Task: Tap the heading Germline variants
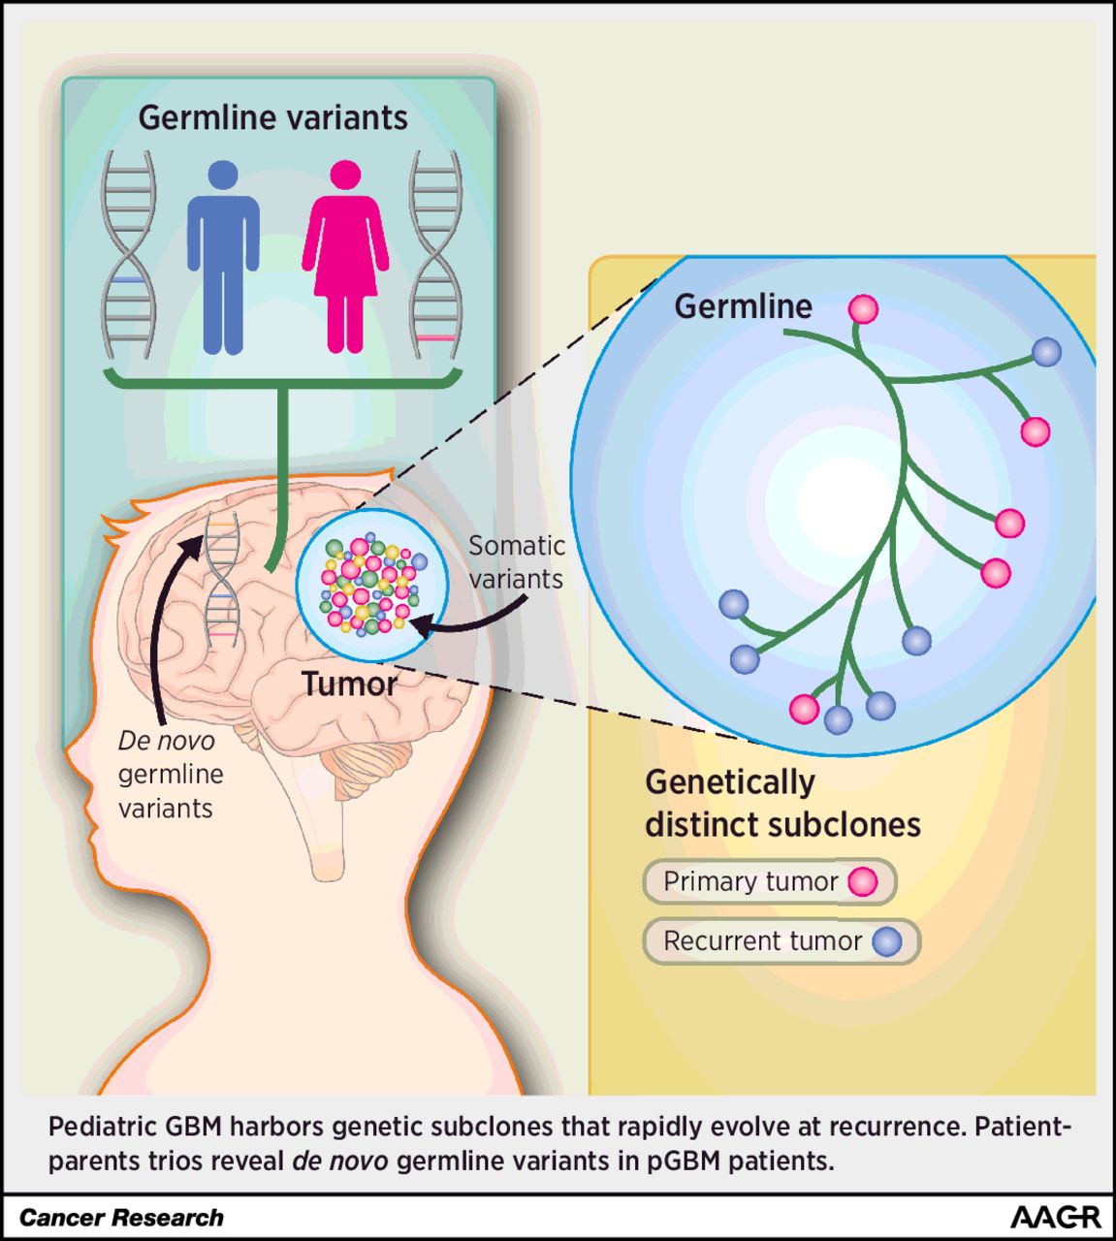(272, 117)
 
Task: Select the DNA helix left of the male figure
(129, 254)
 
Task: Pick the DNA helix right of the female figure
(435, 254)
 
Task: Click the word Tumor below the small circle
(349, 684)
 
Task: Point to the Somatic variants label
(516, 562)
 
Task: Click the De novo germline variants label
(171, 775)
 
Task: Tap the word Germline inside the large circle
(743, 306)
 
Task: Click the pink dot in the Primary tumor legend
(862, 881)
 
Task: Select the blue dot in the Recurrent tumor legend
(886, 941)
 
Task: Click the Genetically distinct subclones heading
(781, 804)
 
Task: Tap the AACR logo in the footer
(1055, 1218)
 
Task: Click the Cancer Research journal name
(121, 1218)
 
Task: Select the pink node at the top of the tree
(863, 309)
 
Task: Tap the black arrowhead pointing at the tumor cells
(420, 625)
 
